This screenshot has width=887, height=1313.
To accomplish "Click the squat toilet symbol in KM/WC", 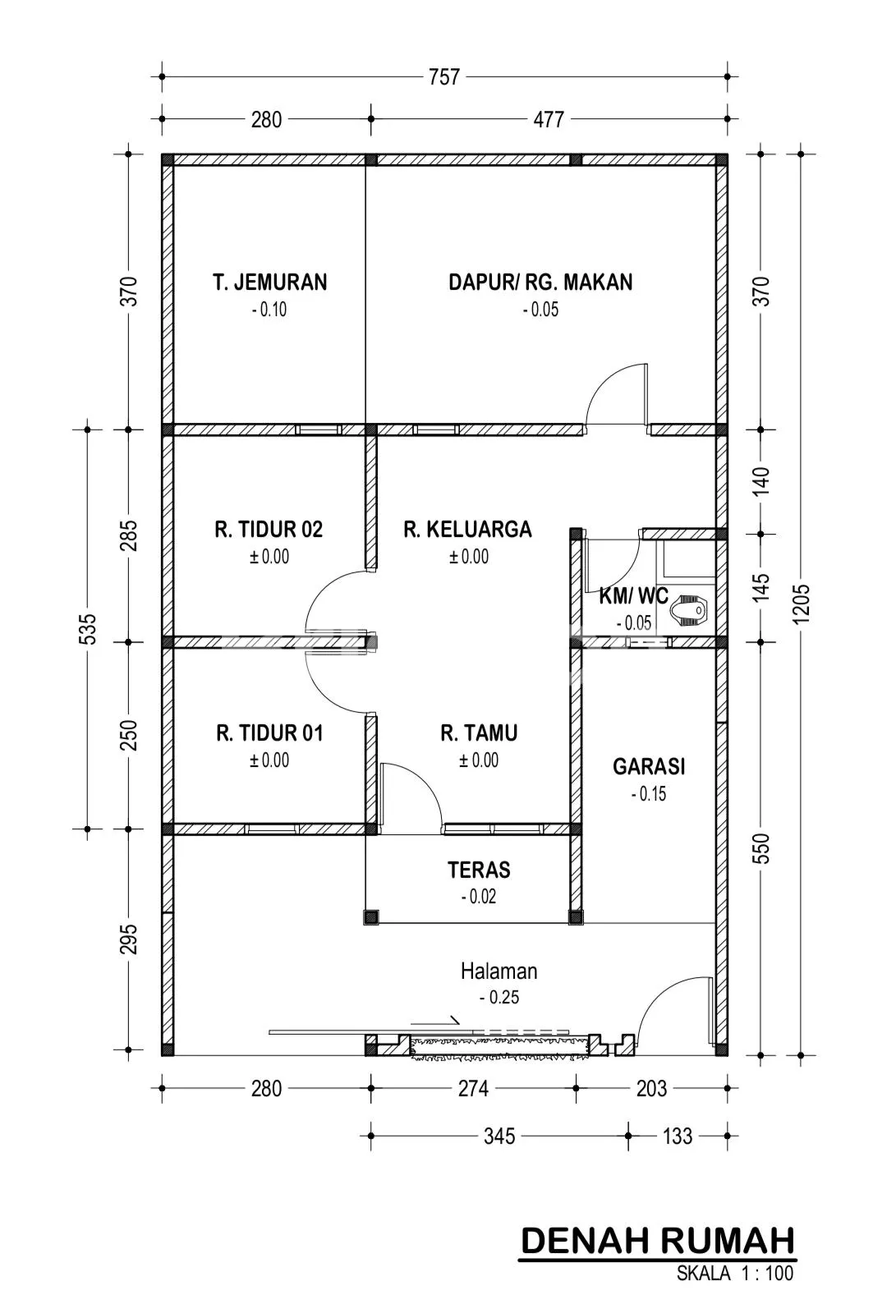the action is pyautogui.click(x=689, y=610).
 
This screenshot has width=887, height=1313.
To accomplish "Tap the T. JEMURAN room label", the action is pyautogui.click(x=269, y=282).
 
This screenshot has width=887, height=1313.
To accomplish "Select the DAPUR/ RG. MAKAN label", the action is pyautogui.click(x=540, y=282).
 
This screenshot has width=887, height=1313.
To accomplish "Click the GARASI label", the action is pyautogui.click(x=649, y=766).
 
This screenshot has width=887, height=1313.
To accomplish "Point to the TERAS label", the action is pyautogui.click(x=479, y=870).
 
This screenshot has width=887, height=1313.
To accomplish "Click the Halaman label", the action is pyautogui.click(x=499, y=971).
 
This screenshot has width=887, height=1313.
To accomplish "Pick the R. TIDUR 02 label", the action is pyautogui.click(x=269, y=530).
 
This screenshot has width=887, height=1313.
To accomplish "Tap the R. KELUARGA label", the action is pyautogui.click(x=467, y=530).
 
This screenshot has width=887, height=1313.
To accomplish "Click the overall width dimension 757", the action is pyautogui.click(x=443, y=77).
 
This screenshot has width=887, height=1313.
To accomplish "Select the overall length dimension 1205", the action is pyautogui.click(x=802, y=604).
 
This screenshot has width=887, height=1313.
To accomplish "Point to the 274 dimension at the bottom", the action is pyautogui.click(x=473, y=1089).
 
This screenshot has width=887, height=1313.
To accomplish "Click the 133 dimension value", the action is pyautogui.click(x=677, y=1136).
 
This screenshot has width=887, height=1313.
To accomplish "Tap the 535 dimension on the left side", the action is pyautogui.click(x=87, y=629).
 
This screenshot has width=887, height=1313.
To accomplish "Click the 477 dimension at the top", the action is pyautogui.click(x=549, y=120).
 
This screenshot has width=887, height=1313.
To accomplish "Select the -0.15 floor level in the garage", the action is pyautogui.click(x=649, y=794).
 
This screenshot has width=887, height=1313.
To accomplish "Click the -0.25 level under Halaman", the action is pyautogui.click(x=499, y=997).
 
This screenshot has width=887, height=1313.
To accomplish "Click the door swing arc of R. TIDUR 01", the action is pyautogui.click(x=331, y=689).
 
